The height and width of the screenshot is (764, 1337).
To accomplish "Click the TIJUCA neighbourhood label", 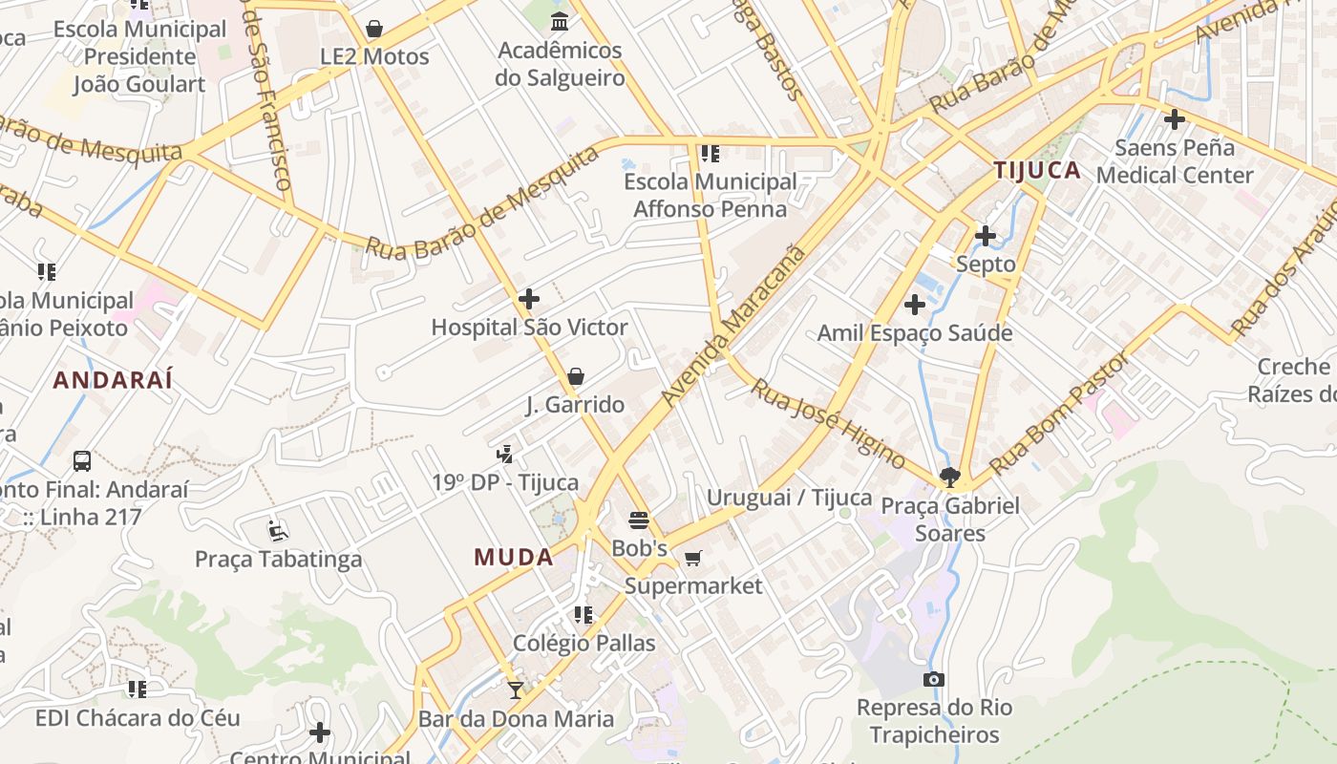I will click(x=1037, y=171).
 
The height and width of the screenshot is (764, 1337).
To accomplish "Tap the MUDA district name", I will click(x=514, y=557).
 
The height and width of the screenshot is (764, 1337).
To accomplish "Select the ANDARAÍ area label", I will click(x=113, y=380).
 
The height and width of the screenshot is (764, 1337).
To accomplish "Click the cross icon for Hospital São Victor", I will click(x=529, y=299).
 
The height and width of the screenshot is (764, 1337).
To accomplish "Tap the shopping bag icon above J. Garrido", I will click(x=575, y=376).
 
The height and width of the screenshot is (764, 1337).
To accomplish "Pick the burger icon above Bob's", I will click(x=639, y=520).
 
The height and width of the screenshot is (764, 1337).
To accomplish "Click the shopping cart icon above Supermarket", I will click(x=693, y=558).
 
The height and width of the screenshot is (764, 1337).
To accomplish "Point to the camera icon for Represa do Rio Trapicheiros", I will click(x=934, y=679).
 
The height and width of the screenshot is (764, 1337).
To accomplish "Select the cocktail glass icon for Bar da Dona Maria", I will click(x=516, y=690).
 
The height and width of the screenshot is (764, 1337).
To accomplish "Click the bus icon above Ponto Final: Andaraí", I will click(x=82, y=461).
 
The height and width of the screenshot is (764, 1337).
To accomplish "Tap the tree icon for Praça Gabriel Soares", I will click(x=949, y=477).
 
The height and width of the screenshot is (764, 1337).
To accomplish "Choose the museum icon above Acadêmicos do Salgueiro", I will click(x=560, y=22).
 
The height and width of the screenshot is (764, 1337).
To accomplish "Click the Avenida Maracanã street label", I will click(x=732, y=326).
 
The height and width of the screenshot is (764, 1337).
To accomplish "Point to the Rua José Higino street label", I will click(x=827, y=423).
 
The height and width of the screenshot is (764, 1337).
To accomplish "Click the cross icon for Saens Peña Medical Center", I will click(x=1175, y=119).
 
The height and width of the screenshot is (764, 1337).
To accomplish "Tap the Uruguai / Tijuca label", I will click(x=789, y=498).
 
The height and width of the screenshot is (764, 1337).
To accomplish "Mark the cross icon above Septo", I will click(x=986, y=235).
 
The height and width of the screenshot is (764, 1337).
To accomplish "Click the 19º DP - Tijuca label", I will click(x=505, y=482).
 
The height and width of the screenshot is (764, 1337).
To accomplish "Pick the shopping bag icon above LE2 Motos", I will click(x=374, y=29).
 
